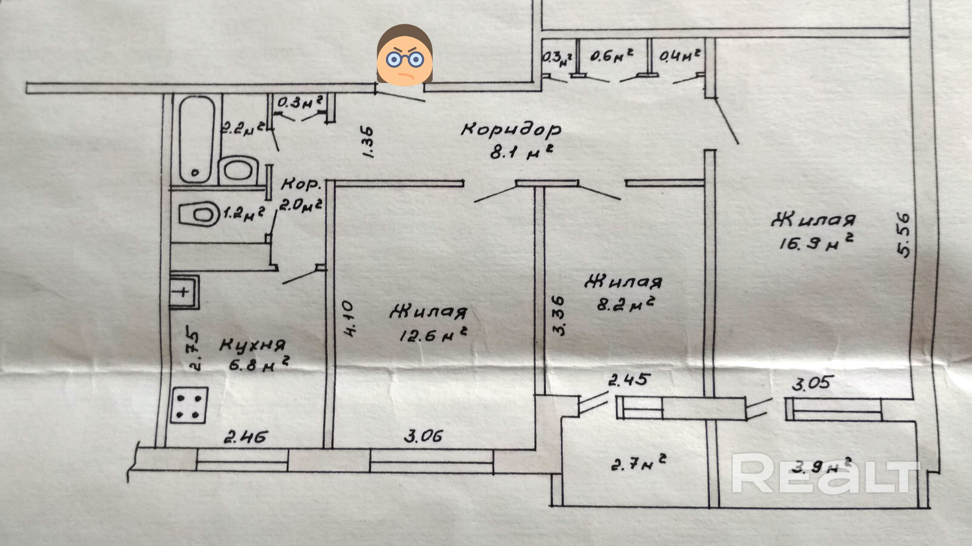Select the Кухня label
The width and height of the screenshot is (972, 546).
252,346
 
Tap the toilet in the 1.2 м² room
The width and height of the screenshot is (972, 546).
199,214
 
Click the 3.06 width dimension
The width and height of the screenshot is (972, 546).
423,437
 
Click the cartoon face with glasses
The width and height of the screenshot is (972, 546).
404,55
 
